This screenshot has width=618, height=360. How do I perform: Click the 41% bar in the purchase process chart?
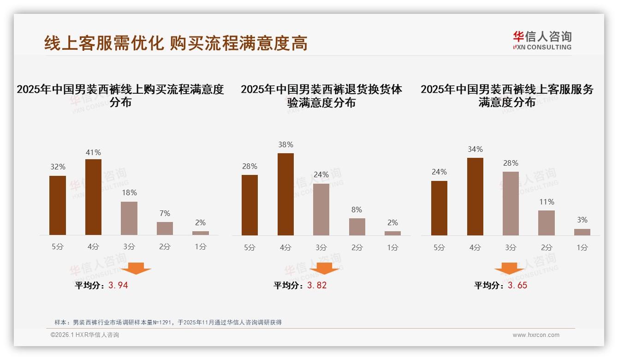point(93,197)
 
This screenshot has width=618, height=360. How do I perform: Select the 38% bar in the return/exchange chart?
point(285,194)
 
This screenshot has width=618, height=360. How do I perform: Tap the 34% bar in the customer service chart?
point(475,197)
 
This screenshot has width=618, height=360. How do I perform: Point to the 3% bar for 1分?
point(582,232)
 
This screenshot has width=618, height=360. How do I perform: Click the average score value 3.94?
point(118,285)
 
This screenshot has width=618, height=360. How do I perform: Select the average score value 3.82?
point(317,285)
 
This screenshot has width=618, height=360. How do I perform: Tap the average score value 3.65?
point(517,285)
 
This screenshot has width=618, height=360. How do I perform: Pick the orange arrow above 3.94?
point(136,268)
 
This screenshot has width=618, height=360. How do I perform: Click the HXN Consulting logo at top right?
point(542,40)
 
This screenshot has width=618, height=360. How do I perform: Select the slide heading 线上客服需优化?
point(104,43)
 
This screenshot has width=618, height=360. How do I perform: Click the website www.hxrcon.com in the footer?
point(536,335)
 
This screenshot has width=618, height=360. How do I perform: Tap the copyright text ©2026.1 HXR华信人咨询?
point(85,335)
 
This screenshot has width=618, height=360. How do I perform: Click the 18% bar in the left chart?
point(129,218)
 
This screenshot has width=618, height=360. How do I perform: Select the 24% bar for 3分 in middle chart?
point(321,210)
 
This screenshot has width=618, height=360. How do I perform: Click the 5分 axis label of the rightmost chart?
point(439,247)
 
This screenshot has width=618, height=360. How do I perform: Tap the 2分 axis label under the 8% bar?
point(357,247)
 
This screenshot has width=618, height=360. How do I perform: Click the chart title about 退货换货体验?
point(321,96)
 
